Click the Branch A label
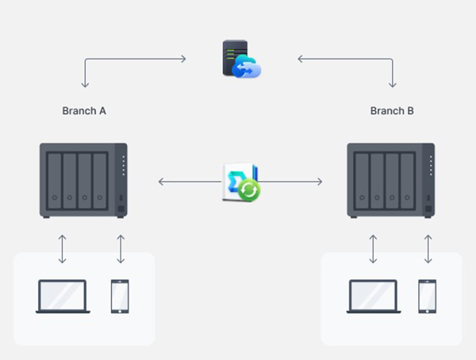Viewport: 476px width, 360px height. point(84,111)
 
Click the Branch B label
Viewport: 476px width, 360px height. point(392,111)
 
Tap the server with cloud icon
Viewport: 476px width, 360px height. point(241,59)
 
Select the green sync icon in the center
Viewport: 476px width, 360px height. point(249,190)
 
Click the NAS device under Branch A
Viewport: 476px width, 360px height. point(83,180)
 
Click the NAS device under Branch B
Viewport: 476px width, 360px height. point(391,180)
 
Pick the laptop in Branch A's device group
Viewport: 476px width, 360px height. point(63,297)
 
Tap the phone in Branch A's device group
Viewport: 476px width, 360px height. point(120,297)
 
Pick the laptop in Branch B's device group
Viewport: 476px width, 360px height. point(374,297)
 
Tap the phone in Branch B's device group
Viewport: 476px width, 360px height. point(428,297)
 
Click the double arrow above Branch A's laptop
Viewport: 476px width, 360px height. point(62,249)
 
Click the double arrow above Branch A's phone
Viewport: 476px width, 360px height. point(121,249)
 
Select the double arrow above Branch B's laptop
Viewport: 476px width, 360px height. point(373,249)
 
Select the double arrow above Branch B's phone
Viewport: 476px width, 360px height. point(428,249)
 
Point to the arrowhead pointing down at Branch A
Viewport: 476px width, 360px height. point(85,84)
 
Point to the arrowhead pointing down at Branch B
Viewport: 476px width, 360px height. point(393,84)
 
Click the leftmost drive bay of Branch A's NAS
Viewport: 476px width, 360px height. point(55,182)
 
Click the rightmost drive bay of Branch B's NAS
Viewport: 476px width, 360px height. point(407,182)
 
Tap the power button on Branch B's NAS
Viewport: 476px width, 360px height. point(428,209)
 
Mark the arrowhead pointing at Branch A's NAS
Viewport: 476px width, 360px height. point(161,182)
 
